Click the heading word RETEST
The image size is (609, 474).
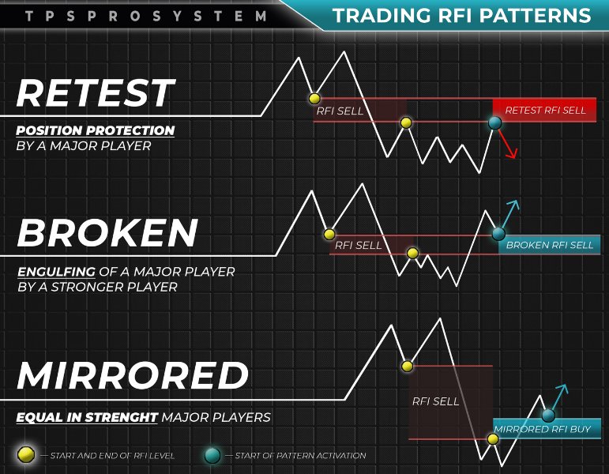[96, 92]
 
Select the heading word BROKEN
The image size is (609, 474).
[107, 232]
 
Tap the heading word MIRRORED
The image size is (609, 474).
[133, 375]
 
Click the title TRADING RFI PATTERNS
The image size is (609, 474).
[462, 16]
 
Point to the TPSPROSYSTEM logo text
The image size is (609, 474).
[146, 17]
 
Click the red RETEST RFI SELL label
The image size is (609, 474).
[545, 111]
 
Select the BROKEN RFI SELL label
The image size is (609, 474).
[550, 245]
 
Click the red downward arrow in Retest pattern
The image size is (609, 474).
[508, 144]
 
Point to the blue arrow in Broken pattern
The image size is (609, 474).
[510, 214]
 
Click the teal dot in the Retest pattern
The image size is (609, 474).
[494, 122]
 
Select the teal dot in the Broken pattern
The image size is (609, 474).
[498, 234]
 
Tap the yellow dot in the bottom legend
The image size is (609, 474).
[26, 454]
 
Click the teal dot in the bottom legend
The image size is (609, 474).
[212, 455]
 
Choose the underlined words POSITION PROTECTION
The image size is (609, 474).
[95, 130]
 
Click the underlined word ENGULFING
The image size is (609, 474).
[56, 271]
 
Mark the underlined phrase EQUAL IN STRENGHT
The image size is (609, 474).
[87, 417]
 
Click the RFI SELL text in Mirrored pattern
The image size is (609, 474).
[435, 401]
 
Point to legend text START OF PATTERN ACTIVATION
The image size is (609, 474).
[300, 455]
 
